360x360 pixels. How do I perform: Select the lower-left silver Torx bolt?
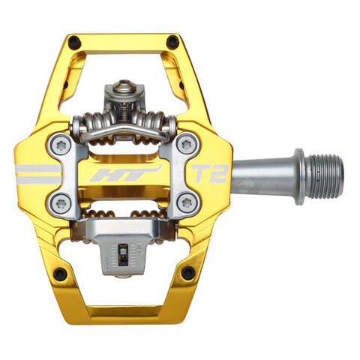tap(61, 201)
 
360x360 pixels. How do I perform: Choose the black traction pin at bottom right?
tap(187, 272)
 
